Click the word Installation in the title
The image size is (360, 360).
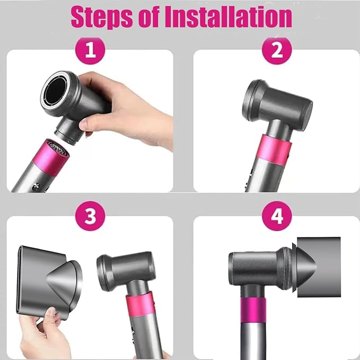click(x=228, y=16)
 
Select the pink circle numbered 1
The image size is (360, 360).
click(x=90, y=51)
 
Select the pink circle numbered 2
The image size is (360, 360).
click(x=277, y=50)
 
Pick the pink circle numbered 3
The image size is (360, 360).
click(x=90, y=216)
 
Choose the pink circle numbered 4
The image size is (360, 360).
click(x=277, y=216)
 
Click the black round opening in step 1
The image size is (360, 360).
click(x=56, y=90)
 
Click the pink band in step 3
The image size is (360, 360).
click(x=140, y=304)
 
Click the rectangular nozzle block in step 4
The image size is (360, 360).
click(x=319, y=267)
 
